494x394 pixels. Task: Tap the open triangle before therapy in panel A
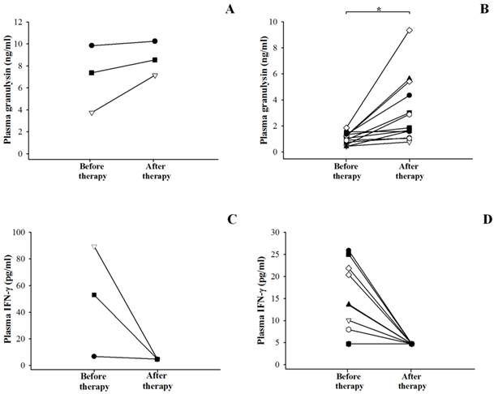[x=92, y=113]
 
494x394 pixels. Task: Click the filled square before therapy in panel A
[x=92, y=73]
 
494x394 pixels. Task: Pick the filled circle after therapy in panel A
[x=154, y=41]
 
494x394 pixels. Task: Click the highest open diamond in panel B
[x=410, y=30]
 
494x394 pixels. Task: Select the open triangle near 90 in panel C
[x=94, y=246]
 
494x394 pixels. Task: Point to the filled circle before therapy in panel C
[x=94, y=356]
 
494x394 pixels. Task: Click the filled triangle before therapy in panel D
[x=349, y=304]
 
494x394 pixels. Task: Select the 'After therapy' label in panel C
[x=157, y=382]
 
